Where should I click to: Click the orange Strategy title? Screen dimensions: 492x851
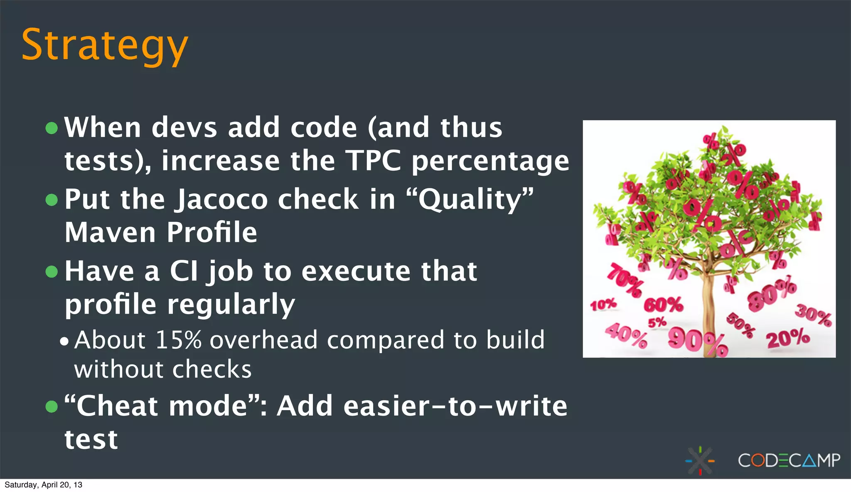104,45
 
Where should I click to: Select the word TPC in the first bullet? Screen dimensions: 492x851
374,161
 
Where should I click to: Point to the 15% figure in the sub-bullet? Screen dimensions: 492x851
178,340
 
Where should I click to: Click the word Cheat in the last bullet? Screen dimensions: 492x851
117,406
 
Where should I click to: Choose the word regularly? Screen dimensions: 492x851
231,305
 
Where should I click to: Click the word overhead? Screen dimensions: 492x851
263,340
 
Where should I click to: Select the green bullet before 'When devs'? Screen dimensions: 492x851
52,128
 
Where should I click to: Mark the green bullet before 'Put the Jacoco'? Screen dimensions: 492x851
52,200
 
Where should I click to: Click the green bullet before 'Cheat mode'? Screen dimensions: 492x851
52,406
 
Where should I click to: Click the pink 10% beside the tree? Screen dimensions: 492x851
603,305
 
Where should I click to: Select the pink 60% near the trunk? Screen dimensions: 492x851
663,305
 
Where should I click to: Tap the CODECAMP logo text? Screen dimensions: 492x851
789,460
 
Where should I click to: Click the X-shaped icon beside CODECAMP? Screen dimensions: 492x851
700,460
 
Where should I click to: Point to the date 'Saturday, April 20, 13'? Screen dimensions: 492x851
43,485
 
